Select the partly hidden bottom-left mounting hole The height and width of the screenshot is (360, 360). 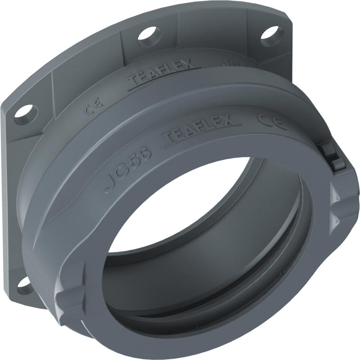pyautogui.click(x=22, y=284)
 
